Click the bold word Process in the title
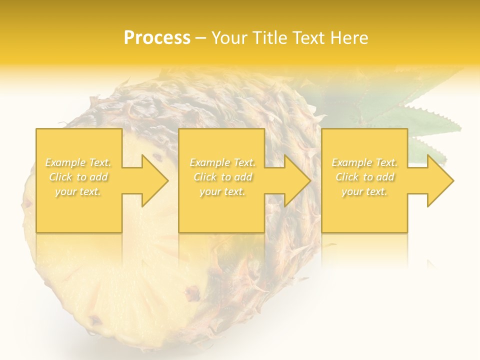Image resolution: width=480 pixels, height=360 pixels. click(157, 38)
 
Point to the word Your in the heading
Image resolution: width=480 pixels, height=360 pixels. click(229, 38)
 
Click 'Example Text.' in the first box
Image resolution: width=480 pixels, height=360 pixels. click(78, 162)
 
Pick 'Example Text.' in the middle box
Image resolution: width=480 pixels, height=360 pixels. click(222, 162)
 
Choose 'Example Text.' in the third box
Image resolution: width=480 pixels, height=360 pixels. click(364, 162)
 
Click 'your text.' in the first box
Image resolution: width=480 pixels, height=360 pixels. click(78, 191)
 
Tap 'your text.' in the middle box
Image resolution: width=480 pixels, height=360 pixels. click(222, 191)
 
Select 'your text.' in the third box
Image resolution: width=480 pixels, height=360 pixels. click(364, 191)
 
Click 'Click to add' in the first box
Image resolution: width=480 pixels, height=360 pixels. click(78, 177)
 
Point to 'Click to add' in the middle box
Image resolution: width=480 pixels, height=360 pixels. click(222, 177)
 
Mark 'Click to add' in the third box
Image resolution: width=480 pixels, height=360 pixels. click(364, 177)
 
